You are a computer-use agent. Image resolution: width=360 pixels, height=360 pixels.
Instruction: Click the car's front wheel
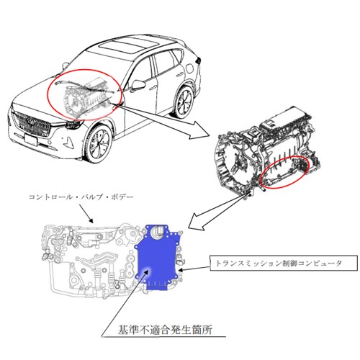(99, 143)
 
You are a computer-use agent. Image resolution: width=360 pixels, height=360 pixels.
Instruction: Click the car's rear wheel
(184, 102)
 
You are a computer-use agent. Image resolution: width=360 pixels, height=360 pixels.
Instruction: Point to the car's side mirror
(139, 84)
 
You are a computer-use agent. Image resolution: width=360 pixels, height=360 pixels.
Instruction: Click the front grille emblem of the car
(30, 122)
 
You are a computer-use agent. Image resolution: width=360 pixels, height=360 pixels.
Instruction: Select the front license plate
(31, 140)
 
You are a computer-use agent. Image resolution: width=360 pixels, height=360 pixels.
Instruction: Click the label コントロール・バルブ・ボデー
(81, 197)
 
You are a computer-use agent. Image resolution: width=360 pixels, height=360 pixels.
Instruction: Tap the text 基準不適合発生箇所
(165, 330)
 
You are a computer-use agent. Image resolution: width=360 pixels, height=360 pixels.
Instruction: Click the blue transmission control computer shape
(157, 258)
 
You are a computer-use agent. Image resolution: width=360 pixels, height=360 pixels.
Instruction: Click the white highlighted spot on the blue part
(146, 271)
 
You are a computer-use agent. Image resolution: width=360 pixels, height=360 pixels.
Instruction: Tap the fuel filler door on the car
(189, 69)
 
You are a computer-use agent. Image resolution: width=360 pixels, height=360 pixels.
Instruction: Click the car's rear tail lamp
(198, 60)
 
